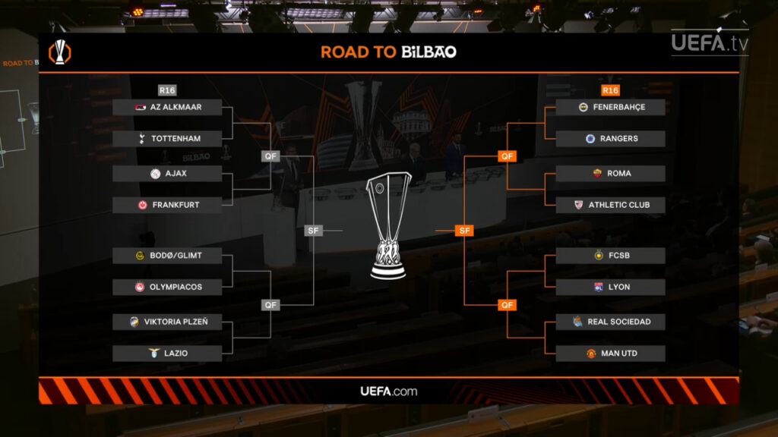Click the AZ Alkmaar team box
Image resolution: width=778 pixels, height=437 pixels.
click(x=167, y=107)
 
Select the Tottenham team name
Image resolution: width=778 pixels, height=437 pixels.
click(x=176, y=139)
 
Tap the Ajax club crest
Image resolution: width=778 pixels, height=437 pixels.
click(x=155, y=174)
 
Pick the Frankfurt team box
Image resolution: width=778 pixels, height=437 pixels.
click(x=167, y=205)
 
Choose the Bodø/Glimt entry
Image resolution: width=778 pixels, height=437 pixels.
click(x=167, y=256)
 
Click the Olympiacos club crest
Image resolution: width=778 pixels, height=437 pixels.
click(x=140, y=287)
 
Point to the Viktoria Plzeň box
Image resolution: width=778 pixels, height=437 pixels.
click(x=167, y=322)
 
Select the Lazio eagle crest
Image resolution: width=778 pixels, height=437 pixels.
click(x=154, y=353)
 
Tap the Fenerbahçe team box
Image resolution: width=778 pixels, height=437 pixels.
click(x=610, y=107)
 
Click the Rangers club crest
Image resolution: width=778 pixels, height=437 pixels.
click(x=590, y=139)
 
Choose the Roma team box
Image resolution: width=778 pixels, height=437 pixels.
click(x=610, y=174)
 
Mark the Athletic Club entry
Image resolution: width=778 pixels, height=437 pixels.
click(x=610, y=205)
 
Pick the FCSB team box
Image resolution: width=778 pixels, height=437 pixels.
click(x=610, y=256)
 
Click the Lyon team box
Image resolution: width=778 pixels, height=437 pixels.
click(x=610, y=288)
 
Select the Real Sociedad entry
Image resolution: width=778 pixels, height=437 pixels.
click(x=610, y=322)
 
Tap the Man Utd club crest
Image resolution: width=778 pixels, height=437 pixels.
click(x=591, y=354)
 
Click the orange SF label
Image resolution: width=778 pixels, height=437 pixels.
click(x=464, y=231)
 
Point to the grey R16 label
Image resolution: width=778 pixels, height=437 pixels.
click(x=167, y=90)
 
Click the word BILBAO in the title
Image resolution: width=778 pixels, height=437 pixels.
click(x=429, y=52)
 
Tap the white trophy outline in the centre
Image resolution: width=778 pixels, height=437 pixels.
click(x=388, y=225)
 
